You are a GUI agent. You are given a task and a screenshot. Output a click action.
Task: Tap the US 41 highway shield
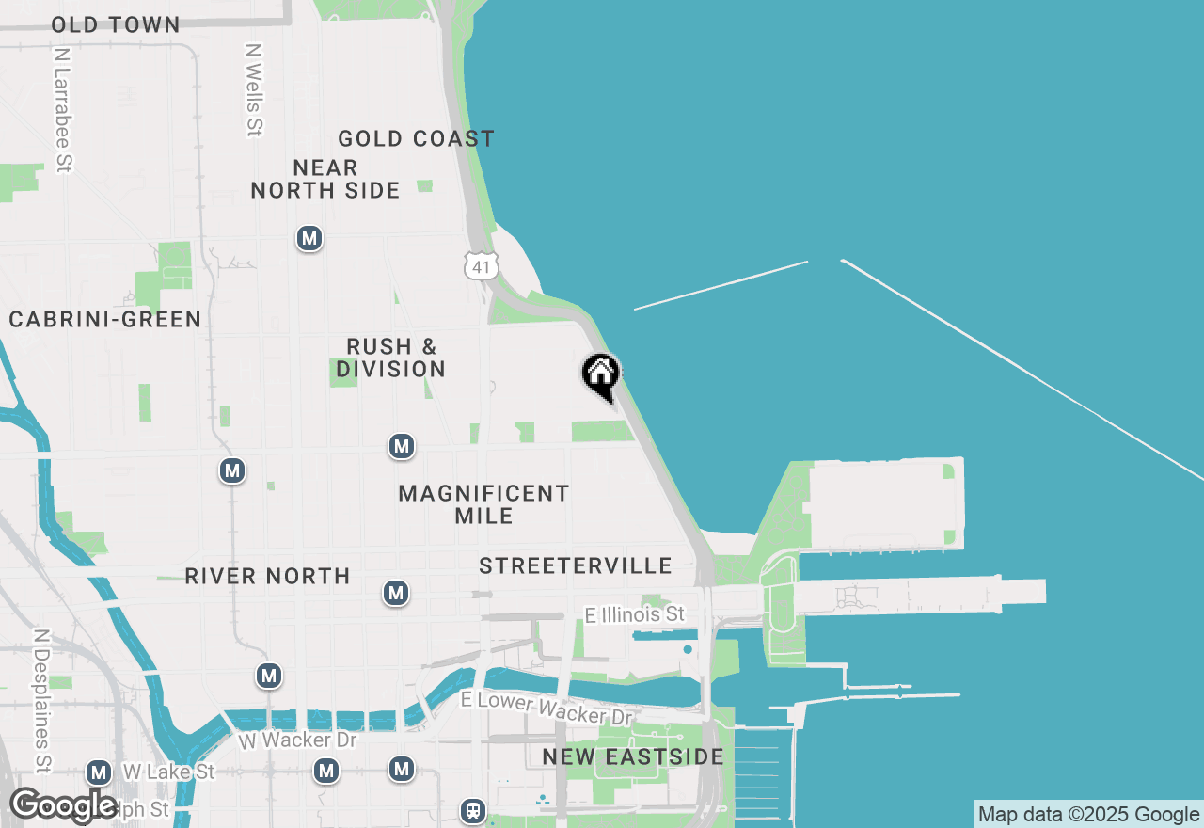[481, 267]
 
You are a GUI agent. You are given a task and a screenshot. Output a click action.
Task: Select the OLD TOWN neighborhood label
[116, 24]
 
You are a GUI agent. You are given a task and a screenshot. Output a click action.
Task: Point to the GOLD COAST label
[416, 138]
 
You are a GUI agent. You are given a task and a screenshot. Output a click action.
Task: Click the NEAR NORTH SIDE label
[325, 179]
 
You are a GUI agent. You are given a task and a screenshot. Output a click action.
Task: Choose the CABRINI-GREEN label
[105, 319]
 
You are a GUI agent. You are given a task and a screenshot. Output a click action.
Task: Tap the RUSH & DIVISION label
[391, 358]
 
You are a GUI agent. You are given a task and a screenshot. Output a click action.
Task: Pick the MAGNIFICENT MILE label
[483, 504]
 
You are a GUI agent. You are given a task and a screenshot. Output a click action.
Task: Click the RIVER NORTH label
[267, 576]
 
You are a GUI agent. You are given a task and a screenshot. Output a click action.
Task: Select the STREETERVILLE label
[576, 565]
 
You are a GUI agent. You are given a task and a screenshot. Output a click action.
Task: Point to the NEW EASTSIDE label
[633, 756]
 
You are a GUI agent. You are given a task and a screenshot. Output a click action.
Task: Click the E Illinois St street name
[634, 614]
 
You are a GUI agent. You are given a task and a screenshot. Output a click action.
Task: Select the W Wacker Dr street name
[297, 740]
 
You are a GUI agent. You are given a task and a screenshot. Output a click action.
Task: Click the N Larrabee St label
[63, 110]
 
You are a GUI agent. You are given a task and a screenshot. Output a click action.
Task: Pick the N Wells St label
[253, 89]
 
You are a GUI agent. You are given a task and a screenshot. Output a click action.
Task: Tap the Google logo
[64, 805]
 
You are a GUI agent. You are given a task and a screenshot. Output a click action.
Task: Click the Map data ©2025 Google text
[1088, 815]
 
